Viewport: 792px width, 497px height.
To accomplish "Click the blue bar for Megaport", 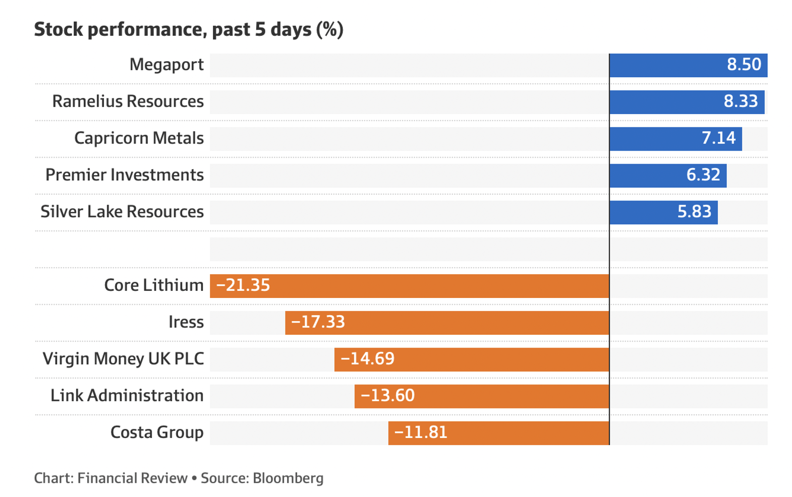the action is pos(689,65).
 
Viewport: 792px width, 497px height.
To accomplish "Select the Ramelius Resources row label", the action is pos(128,101).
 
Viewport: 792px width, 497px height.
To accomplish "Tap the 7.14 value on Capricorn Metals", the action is pos(718,138).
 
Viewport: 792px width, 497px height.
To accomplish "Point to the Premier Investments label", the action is pos(125,175).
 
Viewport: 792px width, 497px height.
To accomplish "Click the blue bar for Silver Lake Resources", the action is pos(664,213).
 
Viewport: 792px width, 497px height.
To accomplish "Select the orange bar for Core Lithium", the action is pos(410,286).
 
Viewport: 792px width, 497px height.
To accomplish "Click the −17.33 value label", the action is pos(318,322).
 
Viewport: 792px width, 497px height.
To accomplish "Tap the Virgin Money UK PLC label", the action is pos(124,359).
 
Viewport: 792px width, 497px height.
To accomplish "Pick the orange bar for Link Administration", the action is pos(482,396).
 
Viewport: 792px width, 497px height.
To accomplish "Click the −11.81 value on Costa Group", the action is pos(421,432).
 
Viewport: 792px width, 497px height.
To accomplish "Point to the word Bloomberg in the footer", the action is pos(288,478).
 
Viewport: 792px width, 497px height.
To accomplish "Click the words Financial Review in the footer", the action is pos(133,478).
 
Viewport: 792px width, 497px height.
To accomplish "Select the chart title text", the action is pos(189,29).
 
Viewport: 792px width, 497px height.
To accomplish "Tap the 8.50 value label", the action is pos(744,65).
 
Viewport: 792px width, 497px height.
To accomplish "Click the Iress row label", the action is pos(186,322).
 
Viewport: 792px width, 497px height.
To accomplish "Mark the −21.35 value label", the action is pos(243,285).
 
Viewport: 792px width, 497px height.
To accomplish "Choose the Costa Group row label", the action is pos(157,432).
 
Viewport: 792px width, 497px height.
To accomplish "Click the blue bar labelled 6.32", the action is pos(668,176).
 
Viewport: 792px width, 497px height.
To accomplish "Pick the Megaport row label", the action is pos(166,65).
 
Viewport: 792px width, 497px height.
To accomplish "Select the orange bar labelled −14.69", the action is pos(472,360).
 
